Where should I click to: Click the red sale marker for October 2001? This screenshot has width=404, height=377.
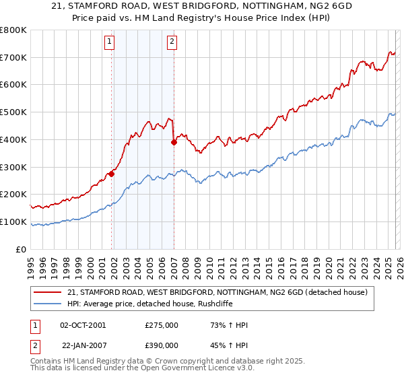[112, 174]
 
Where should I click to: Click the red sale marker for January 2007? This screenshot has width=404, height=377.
[174, 142]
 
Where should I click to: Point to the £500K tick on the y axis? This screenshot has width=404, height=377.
[13, 112]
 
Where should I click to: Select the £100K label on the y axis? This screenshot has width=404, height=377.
[13, 221]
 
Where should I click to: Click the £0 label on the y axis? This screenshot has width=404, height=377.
[21, 249]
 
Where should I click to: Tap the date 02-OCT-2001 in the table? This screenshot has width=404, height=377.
[83, 325]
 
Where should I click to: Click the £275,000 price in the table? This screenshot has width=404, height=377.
[162, 325]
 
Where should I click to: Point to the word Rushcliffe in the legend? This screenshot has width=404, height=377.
[214, 304]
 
